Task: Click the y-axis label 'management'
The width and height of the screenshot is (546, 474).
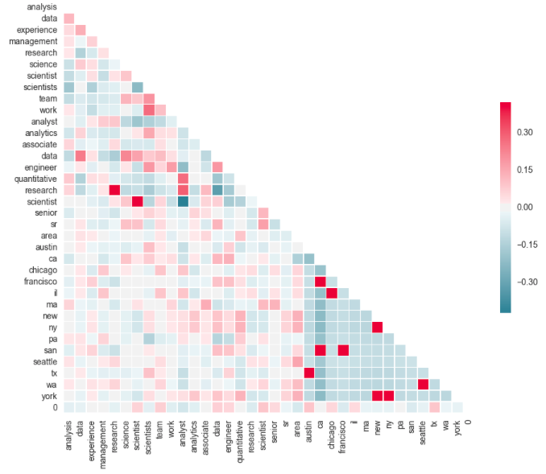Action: pos(33,41)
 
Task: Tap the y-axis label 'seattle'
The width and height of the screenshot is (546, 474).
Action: pos(42,361)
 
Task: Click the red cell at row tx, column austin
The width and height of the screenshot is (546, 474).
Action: pos(308,373)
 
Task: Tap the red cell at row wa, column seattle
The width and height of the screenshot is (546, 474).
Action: pos(423,384)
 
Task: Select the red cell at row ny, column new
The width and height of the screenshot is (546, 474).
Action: pos(377,327)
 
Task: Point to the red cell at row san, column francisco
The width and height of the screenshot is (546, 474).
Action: pos(343,350)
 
